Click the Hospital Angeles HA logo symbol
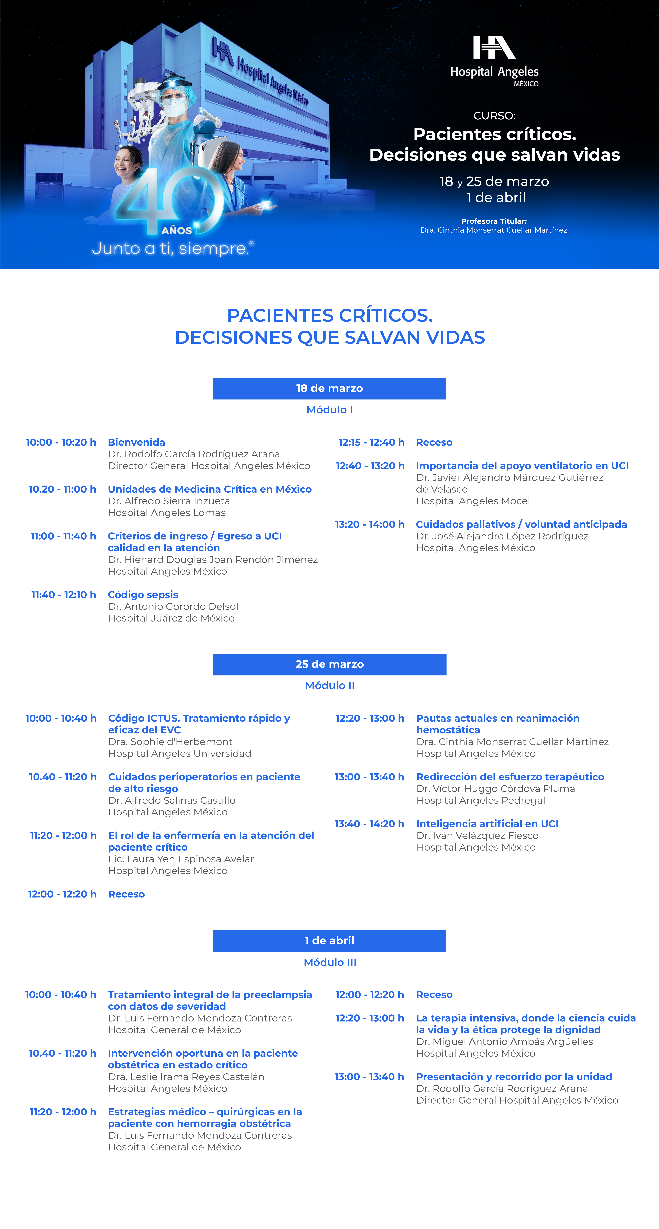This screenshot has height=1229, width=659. tap(494, 48)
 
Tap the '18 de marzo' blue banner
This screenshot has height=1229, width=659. tap(329, 388)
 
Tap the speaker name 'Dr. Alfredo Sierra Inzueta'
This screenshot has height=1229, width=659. tap(169, 501)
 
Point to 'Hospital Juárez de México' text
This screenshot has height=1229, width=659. tap(171, 618)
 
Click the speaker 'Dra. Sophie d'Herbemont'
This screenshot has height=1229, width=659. tap(170, 742)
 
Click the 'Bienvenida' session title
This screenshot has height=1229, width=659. tap(136, 442)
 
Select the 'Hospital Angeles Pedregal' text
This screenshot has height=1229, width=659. tap(480, 801)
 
